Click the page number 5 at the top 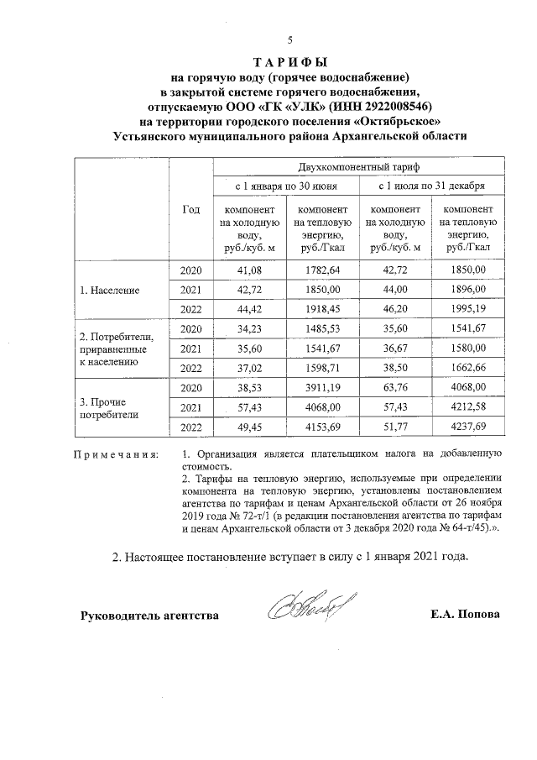point(289,39)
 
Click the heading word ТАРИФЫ point(289,62)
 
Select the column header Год point(191,209)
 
